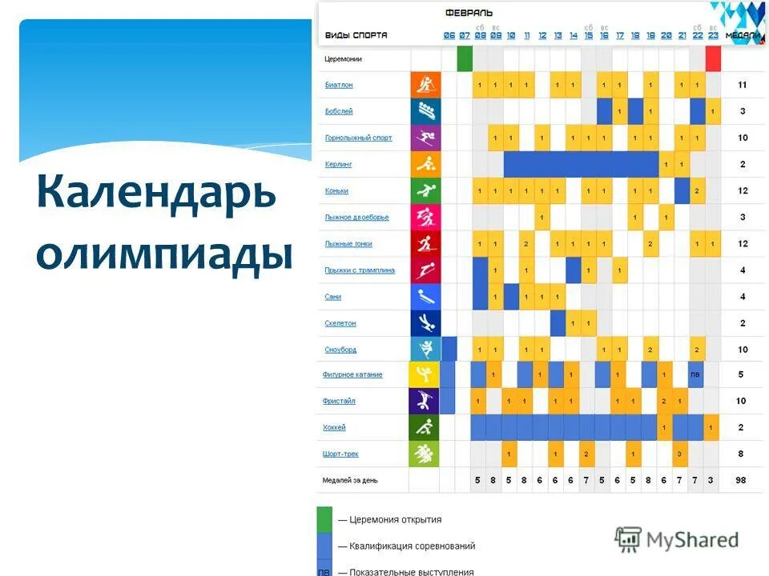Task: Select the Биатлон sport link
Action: coord(339,85)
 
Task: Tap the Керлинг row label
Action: coord(339,164)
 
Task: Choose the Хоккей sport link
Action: coord(335,428)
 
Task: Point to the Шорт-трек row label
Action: coord(341,454)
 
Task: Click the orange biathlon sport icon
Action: coord(425,85)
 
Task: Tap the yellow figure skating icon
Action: coord(423,375)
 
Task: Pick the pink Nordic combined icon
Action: coord(425,217)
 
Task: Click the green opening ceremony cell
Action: coord(465,58)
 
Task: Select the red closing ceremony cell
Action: coord(713,58)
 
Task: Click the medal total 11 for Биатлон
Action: coord(743,85)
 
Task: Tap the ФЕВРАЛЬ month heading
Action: coord(469,13)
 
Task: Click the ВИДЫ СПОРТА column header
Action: coord(356,35)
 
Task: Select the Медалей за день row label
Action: coord(350,480)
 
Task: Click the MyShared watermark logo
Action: coord(677,539)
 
